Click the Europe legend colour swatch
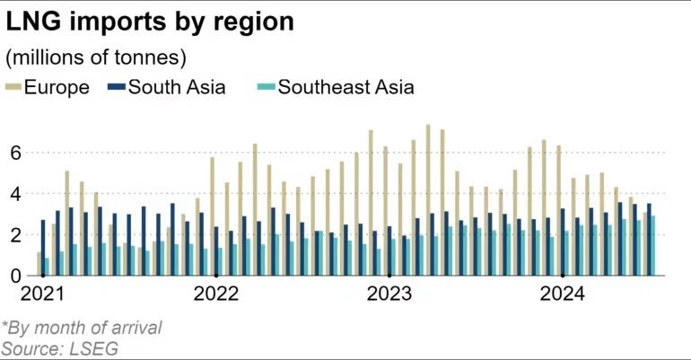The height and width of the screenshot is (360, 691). (13, 87)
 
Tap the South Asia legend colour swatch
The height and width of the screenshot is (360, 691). (116, 87)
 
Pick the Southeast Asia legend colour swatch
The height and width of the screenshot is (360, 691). (265, 87)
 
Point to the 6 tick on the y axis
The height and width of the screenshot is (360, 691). (15, 154)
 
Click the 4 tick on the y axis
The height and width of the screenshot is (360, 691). (15, 194)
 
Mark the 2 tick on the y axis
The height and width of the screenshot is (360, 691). (15, 235)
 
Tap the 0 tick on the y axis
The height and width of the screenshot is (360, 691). (15, 277)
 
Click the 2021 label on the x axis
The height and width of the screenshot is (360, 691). (41, 294)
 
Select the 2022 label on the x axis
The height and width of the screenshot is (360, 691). (215, 294)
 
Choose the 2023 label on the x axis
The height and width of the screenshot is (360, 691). (389, 294)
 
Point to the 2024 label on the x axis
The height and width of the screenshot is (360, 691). (562, 294)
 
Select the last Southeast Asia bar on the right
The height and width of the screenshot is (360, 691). (653, 246)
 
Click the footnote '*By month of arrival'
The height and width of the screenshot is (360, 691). (82, 328)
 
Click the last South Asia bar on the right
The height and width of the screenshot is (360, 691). (649, 240)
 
